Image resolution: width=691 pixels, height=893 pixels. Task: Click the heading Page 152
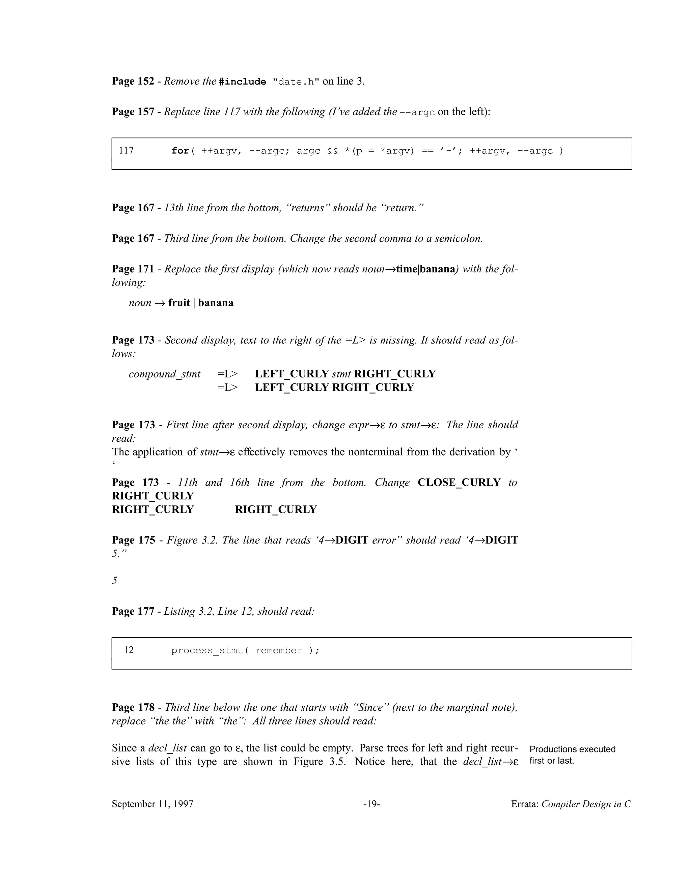pos(133,81)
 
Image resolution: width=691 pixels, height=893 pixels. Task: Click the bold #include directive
pos(242,82)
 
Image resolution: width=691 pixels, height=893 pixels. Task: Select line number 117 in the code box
pos(126,151)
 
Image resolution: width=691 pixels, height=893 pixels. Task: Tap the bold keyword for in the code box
pos(180,151)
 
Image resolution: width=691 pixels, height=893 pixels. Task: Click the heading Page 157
pos(133,112)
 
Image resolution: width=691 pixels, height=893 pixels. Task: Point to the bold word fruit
pos(179,303)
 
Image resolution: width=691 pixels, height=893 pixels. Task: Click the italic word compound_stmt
pos(165,374)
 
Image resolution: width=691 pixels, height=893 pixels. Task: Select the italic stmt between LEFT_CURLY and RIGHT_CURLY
pos(341,374)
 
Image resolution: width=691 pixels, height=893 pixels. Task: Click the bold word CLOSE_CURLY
pos(459,483)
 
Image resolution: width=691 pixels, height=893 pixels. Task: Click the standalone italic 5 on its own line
pos(115,581)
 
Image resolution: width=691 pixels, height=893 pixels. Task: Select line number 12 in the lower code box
pos(129,650)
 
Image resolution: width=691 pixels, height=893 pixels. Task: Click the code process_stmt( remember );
pos(245,650)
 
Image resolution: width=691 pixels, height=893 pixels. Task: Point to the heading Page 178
pos(133,707)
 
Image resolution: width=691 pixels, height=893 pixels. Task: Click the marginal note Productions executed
pos(572,749)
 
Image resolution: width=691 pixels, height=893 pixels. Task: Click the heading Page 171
pos(133,269)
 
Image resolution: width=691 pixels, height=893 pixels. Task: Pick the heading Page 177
pos(133,611)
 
